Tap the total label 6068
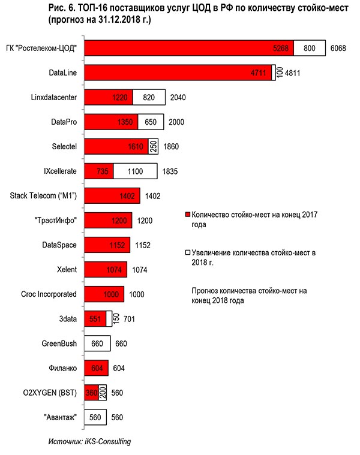[340, 47]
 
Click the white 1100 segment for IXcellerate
[135, 171]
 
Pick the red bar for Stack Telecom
[112, 195]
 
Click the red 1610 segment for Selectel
[116, 146]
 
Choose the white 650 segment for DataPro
[151, 122]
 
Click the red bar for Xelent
[106, 270]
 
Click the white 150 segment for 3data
[110, 319]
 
